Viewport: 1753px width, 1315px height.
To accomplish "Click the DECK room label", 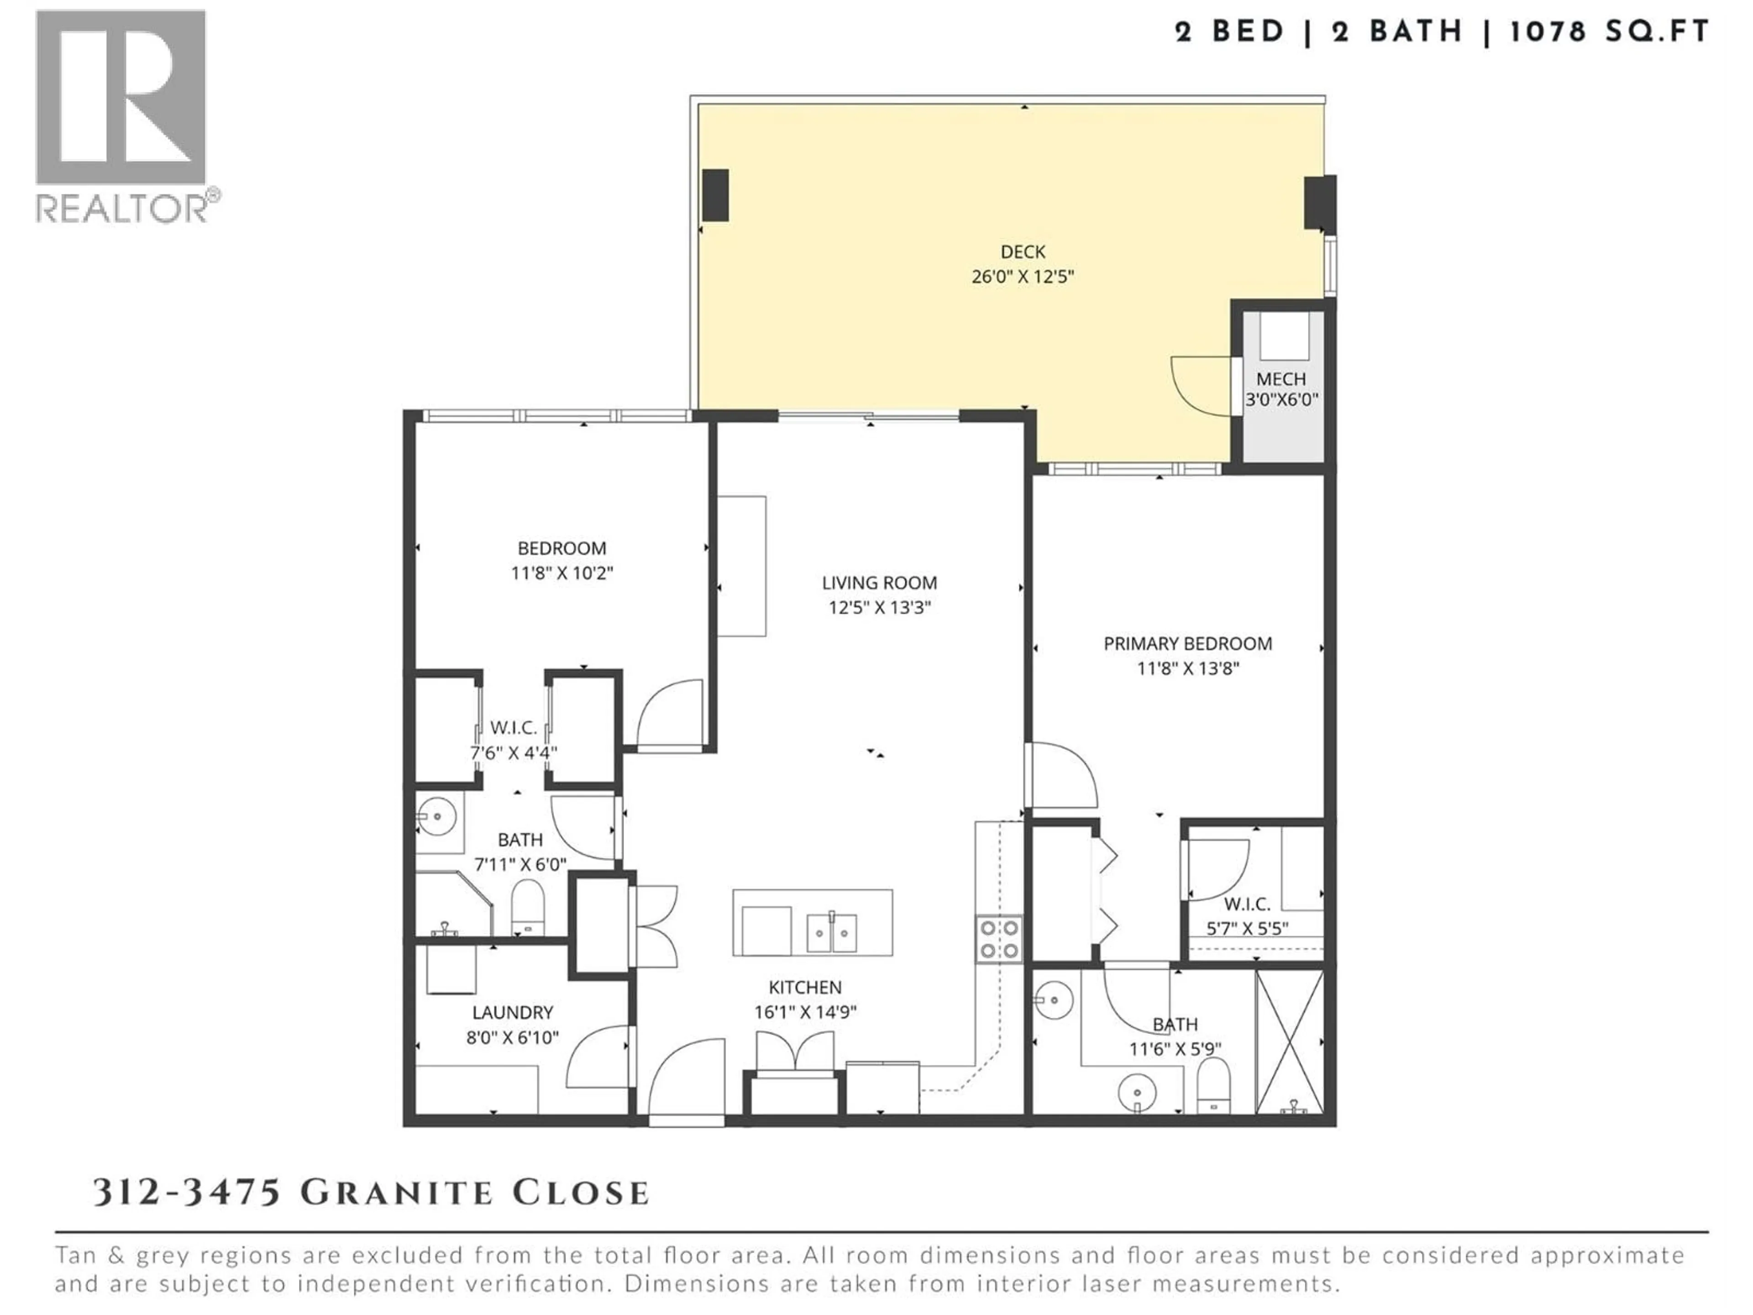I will point(1022,252).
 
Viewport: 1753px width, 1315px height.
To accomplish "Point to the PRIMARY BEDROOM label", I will point(1187,644).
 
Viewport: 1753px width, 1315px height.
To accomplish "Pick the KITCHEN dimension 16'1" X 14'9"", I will point(805,1012).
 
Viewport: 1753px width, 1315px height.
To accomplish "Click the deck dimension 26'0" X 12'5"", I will point(1022,277).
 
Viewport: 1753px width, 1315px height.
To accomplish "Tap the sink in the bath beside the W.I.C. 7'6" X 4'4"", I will point(436,815).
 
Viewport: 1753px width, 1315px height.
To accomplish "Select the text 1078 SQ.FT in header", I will point(1609,32).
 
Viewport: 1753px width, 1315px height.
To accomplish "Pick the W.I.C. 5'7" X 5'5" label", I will point(1247,915).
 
